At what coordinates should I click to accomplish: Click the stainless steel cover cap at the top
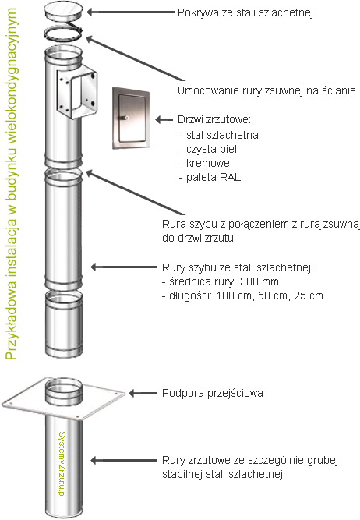(63, 11)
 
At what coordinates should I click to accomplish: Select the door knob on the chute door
(126, 118)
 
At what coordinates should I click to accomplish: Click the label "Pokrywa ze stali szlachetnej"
(245, 12)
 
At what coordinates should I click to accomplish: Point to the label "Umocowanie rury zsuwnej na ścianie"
(266, 90)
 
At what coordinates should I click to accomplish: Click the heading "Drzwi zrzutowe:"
(214, 119)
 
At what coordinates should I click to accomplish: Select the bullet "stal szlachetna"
(222, 135)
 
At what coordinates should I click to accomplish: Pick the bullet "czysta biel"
(211, 149)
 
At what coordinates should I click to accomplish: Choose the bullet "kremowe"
(208, 163)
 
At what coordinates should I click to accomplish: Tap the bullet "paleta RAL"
(214, 177)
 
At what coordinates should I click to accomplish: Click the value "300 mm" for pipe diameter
(259, 281)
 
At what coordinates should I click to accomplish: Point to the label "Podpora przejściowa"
(213, 393)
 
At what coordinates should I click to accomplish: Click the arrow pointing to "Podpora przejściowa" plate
(143, 394)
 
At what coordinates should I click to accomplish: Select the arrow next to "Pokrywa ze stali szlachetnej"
(131, 12)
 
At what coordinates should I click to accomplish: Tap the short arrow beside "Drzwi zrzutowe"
(164, 119)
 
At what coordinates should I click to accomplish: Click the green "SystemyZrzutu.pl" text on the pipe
(62, 465)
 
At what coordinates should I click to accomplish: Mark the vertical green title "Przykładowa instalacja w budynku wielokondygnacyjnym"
(11, 184)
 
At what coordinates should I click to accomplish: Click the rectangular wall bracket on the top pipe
(77, 94)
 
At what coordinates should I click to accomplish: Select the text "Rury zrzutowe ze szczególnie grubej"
(250, 460)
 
